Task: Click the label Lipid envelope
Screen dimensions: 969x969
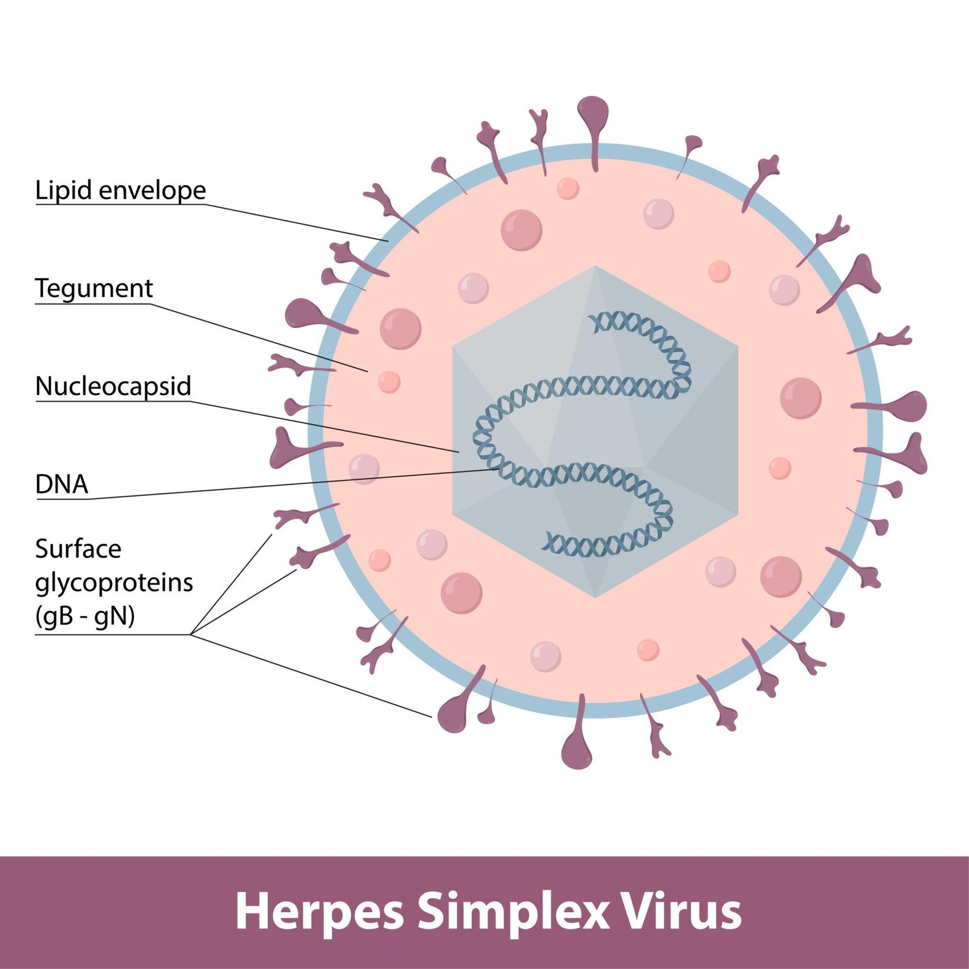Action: pyautogui.click(x=121, y=190)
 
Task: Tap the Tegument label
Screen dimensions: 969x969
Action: pyautogui.click(x=94, y=289)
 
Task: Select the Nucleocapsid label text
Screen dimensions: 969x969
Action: pyautogui.click(x=113, y=386)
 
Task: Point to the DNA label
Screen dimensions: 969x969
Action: pyautogui.click(x=62, y=484)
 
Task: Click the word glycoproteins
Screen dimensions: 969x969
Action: pyautogui.click(x=114, y=583)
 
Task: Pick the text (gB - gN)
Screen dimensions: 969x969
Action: pyautogui.click(x=85, y=616)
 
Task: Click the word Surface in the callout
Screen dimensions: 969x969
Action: pyautogui.click(x=78, y=549)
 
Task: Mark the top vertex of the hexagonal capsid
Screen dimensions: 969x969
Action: pyautogui.click(x=595, y=266)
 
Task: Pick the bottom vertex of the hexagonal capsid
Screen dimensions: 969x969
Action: pyautogui.click(x=595, y=598)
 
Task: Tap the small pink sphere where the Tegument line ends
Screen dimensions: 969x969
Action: pyautogui.click(x=389, y=382)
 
